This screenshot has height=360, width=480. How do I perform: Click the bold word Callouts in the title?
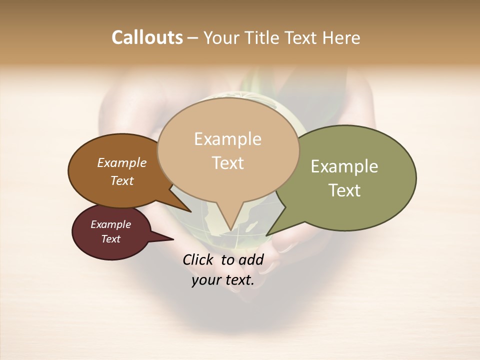coord(147,37)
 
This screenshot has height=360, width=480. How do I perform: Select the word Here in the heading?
coord(341,37)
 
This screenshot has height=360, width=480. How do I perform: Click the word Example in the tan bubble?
coord(227,139)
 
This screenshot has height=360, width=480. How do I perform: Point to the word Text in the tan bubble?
coord(227,162)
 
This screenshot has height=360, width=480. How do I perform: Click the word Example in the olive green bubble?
coord(344,166)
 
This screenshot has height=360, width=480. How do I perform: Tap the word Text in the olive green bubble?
coord(344,190)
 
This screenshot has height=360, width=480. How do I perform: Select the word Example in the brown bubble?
coord(122,162)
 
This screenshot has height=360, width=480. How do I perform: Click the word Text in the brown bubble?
coord(122,180)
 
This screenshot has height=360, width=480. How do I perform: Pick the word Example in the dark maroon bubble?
coord(110,224)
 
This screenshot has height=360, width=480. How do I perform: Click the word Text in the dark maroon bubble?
coord(110,239)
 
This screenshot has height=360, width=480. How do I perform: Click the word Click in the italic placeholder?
coord(198,259)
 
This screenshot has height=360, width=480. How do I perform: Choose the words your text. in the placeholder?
coord(222,280)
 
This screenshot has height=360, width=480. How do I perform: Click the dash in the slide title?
coord(193,37)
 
